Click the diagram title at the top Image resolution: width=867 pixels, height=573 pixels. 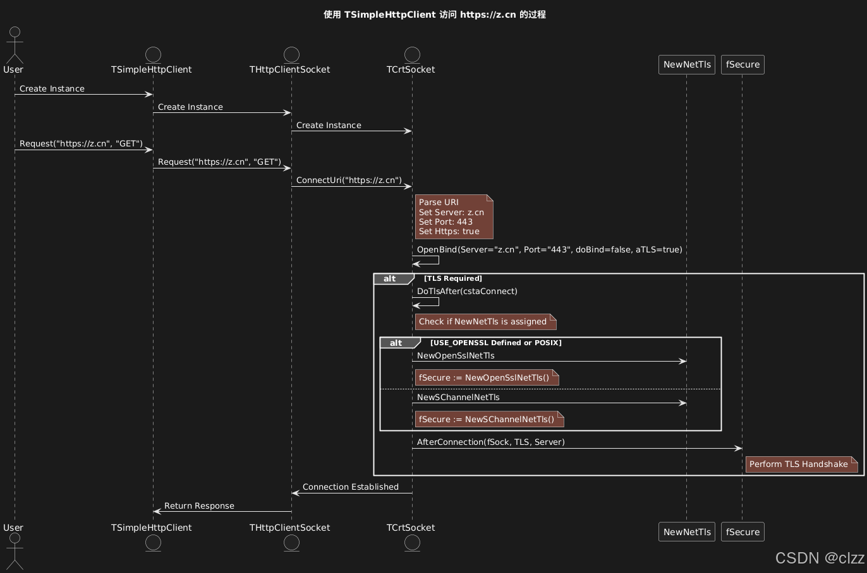(x=434, y=15)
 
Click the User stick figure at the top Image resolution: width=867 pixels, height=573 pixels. (x=15, y=45)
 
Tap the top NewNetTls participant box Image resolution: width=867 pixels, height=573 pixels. (x=687, y=64)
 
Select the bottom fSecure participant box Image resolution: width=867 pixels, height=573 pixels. (x=743, y=532)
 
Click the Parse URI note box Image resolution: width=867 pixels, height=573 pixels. (x=453, y=217)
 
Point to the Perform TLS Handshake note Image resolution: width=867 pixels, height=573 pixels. (x=801, y=464)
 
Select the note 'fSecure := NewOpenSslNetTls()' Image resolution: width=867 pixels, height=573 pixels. (x=486, y=378)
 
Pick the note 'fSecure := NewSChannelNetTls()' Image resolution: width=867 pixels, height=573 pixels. (x=488, y=420)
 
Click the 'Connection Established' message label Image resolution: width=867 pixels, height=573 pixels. (x=350, y=487)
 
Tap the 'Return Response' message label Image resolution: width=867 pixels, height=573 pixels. (x=199, y=505)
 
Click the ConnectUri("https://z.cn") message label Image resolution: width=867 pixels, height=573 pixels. (x=349, y=180)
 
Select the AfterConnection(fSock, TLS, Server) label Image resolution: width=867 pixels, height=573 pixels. (x=490, y=442)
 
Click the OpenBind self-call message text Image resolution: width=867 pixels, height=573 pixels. (x=549, y=249)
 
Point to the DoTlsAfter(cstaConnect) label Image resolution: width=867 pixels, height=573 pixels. (x=467, y=291)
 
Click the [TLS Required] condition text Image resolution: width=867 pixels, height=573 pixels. (x=452, y=278)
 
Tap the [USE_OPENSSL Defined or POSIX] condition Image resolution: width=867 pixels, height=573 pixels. (x=495, y=343)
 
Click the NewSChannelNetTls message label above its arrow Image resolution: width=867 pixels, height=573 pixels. (x=458, y=397)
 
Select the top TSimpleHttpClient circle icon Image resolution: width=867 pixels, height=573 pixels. (x=153, y=54)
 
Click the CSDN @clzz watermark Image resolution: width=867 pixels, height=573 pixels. (x=819, y=558)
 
